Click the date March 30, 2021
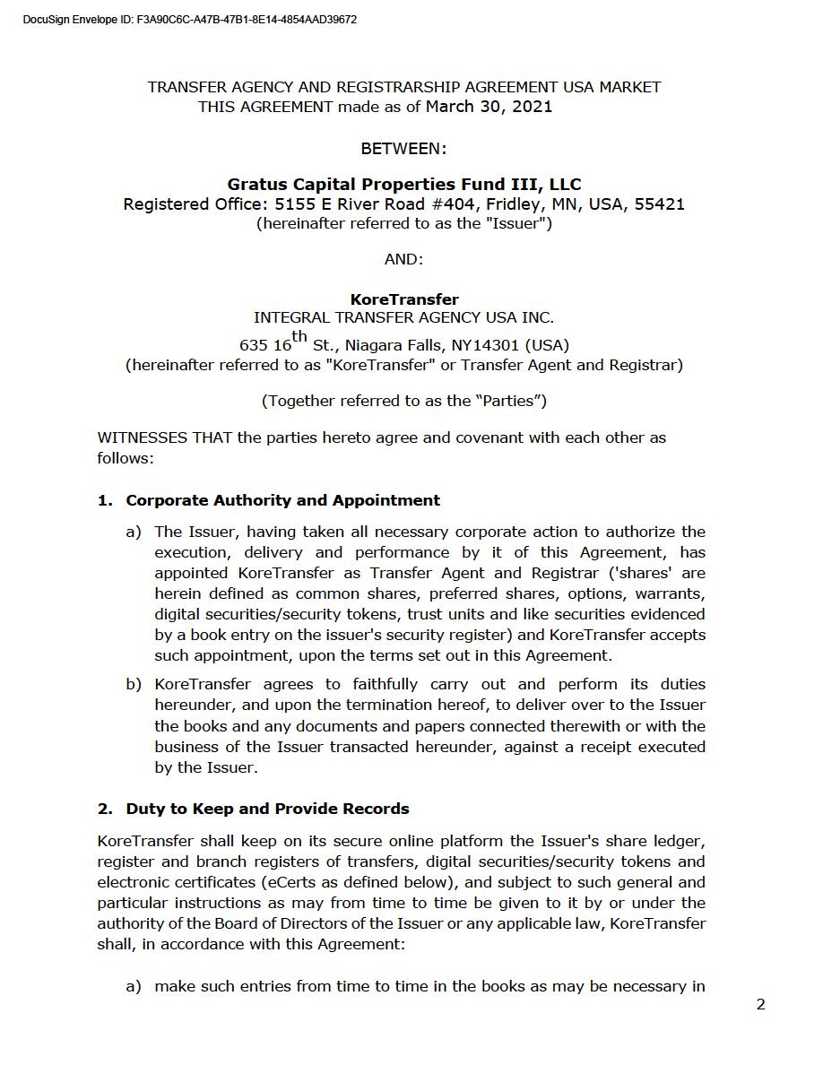click(x=489, y=107)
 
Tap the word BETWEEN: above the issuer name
click(x=403, y=148)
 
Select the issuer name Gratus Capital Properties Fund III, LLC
click(x=403, y=185)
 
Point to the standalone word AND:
click(x=403, y=259)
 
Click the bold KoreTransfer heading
click(x=403, y=299)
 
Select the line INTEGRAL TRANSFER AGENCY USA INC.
click(x=403, y=317)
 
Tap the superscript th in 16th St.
click(x=299, y=337)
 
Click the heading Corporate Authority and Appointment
click(x=282, y=500)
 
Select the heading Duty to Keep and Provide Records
click(x=267, y=809)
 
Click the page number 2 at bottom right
click(x=760, y=1005)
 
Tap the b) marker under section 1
click(x=134, y=685)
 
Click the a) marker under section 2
click(x=134, y=987)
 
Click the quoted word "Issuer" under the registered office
click(x=516, y=223)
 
